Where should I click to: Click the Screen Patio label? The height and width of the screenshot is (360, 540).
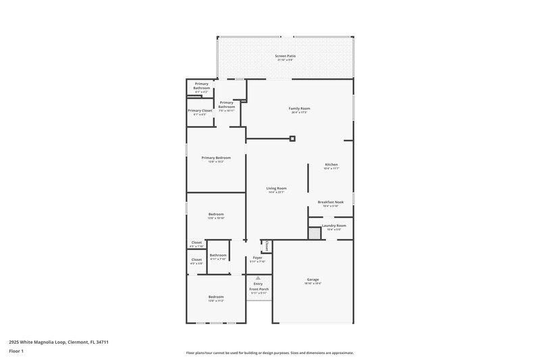(x=285, y=56)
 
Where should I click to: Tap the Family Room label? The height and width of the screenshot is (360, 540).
(x=299, y=108)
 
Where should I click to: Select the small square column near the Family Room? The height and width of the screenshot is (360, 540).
(x=292, y=139)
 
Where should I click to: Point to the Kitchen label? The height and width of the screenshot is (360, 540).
(x=331, y=165)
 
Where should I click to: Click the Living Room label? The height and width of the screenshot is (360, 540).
(x=277, y=188)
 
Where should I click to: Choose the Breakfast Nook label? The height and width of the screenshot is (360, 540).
(x=331, y=202)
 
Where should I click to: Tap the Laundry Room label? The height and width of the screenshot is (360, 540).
(x=333, y=226)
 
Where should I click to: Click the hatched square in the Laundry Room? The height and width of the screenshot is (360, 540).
(x=314, y=233)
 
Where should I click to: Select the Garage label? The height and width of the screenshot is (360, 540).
(x=313, y=280)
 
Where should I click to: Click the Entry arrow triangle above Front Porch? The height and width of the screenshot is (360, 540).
(x=257, y=278)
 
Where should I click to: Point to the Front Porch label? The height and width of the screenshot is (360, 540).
(x=259, y=289)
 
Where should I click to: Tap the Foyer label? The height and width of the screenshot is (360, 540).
(x=258, y=257)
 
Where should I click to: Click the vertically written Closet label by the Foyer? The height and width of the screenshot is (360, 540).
(x=267, y=246)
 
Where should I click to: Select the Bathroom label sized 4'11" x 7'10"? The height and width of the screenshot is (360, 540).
(x=218, y=255)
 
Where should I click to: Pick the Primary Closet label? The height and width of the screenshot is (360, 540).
(x=200, y=111)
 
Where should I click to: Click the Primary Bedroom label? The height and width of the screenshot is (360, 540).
(x=216, y=158)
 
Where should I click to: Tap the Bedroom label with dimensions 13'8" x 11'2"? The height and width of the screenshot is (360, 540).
(x=216, y=297)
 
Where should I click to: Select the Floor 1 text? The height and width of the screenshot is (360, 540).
(x=16, y=352)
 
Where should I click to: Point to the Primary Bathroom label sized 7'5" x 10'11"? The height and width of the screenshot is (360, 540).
(x=227, y=105)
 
